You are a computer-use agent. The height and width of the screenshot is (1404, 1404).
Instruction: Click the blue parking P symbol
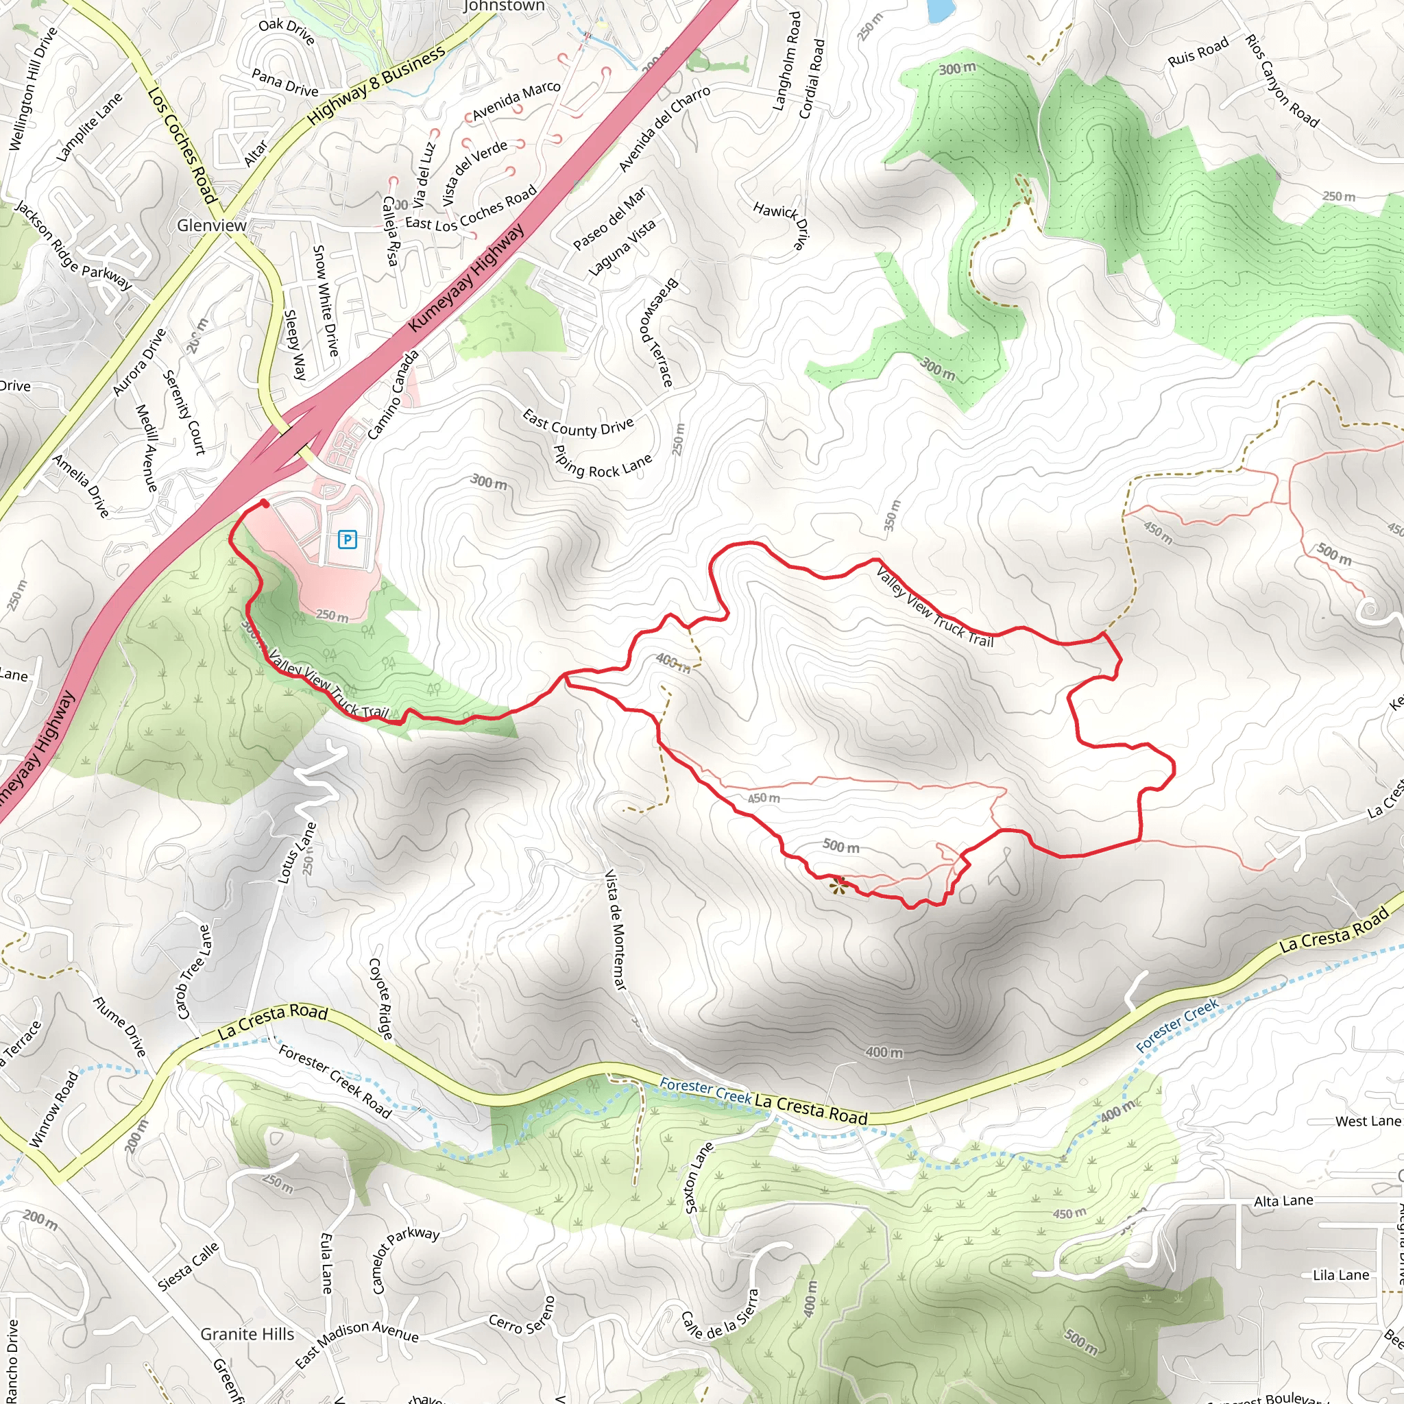point(348,540)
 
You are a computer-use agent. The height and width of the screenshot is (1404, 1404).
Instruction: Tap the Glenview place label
point(211,226)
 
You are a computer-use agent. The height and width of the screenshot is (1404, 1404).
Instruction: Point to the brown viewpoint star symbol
point(839,884)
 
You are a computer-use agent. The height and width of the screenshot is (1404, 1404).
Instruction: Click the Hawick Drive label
point(782,226)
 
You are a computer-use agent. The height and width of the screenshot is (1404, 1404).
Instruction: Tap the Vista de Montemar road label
point(616,930)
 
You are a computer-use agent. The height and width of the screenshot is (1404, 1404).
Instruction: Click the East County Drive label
point(578,423)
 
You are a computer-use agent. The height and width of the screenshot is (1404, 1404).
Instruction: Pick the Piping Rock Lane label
point(603,462)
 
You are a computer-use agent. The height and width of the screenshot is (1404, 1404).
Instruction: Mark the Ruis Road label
point(1198,51)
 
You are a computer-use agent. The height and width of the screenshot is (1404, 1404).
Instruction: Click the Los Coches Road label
point(182,145)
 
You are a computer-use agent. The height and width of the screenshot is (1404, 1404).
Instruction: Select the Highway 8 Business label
point(376,86)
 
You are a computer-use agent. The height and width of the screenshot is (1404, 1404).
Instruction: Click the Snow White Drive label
point(325,300)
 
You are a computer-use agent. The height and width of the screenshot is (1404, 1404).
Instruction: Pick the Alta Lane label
point(1283,1201)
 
